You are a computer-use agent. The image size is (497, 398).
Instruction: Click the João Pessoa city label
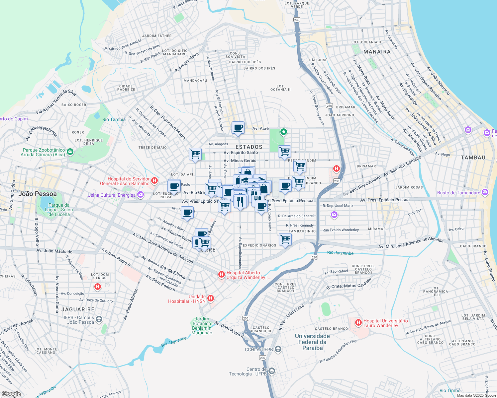pos(38,194)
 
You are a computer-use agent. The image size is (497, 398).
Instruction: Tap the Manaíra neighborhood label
pos(377,52)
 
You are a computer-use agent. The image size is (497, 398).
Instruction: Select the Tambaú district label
pos(473,158)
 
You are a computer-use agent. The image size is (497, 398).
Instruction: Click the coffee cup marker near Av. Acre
pos(238,128)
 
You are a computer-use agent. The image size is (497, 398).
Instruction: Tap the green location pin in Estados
pos(283,132)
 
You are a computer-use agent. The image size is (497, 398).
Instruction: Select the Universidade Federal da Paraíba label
pos(312,342)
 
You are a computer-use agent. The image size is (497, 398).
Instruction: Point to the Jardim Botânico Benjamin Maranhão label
pos(202,326)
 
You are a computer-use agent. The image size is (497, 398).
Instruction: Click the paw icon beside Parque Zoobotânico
pos(70,152)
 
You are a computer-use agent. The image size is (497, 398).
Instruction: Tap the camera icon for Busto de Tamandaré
pos(485,192)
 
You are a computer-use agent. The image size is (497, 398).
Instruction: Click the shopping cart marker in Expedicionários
pos(285,239)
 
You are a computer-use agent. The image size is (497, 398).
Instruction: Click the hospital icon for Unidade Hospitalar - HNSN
pos(211,299)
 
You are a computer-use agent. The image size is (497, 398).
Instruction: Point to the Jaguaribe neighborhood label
pos(78,309)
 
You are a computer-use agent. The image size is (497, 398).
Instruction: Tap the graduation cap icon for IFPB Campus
pos(99,319)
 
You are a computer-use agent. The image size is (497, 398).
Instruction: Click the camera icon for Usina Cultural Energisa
pos(141,195)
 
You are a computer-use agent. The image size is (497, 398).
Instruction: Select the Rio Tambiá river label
pos(114,119)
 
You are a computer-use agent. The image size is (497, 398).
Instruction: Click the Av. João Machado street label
pos(54,251)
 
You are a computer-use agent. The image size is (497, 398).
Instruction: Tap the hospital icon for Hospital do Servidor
pos(154,181)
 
